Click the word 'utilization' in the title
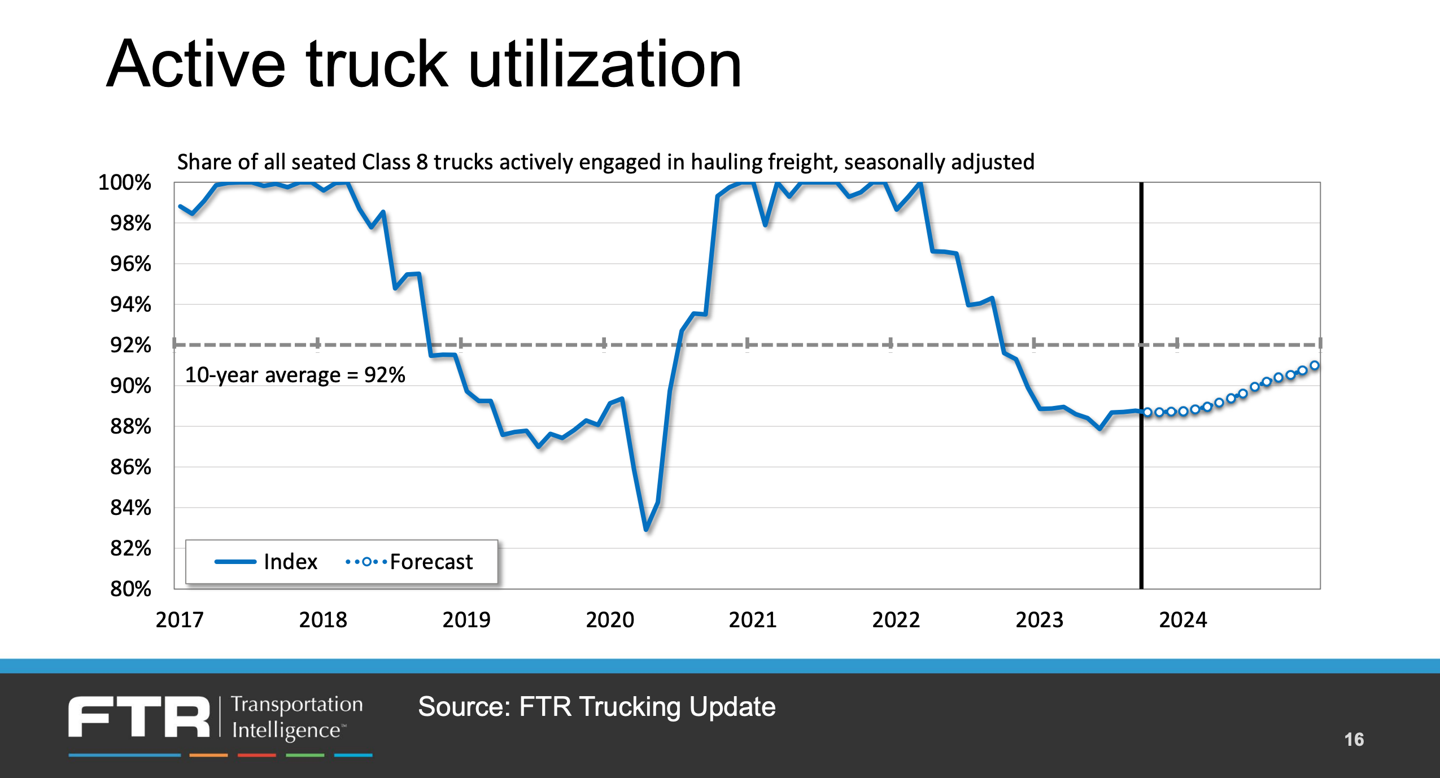tap(604, 65)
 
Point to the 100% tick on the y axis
tap(125, 182)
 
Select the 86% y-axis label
tap(130, 467)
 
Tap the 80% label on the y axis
tap(130, 589)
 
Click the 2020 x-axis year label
tap(610, 620)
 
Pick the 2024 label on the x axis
tap(1182, 620)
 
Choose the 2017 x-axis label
tap(180, 620)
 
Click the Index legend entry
tap(290, 562)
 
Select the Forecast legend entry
tap(430, 562)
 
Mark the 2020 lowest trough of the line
tap(646, 529)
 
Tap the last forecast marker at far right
tap(1315, 365)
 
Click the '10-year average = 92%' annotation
tap(295, 375)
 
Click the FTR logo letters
tap(139, 716)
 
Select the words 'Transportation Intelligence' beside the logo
tap(296, 716)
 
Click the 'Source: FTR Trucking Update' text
tap(596, 707)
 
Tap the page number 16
tap(1354, 740)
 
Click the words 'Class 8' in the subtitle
tap(394, 162)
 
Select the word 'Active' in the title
tap(196, 65)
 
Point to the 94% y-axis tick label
tap(130, 305)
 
